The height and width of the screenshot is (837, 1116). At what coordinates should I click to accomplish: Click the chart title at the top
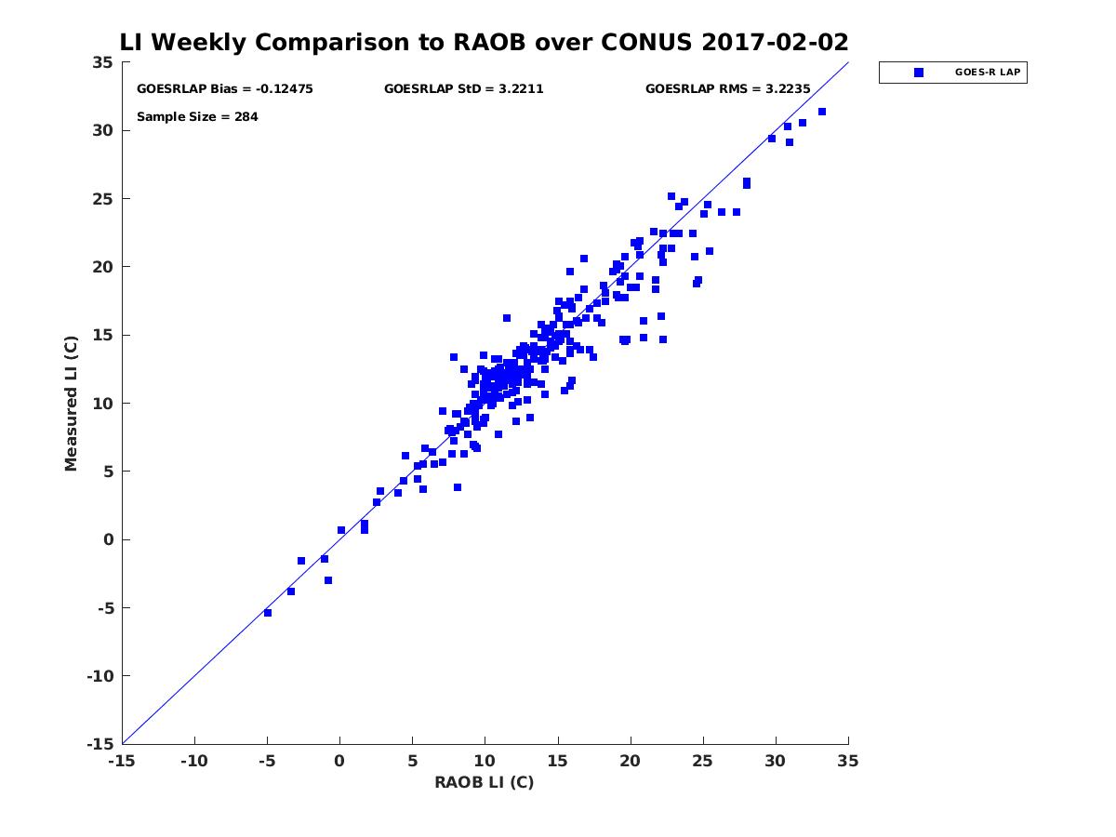(x=484, y=42)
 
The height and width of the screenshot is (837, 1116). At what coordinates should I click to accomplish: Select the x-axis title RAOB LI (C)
(x=484, y=782)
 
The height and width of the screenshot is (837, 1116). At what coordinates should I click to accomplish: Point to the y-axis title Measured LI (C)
(x=71, y=403)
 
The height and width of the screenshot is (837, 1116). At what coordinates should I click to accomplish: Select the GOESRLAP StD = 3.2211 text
(x=463, y=89)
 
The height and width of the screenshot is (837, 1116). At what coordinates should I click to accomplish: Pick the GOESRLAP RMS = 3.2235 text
(x=728, y=89)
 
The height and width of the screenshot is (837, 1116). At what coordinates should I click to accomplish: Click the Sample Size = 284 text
(x=197, y=117)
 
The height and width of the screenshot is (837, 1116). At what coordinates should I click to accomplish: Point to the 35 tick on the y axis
(x=103, y=62)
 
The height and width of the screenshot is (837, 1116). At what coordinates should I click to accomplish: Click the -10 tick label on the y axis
(x=98, y=676)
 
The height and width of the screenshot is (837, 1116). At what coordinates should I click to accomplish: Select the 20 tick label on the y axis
(x=103, y=267)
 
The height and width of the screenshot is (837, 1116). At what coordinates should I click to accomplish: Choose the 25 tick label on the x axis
(x=703, y=762)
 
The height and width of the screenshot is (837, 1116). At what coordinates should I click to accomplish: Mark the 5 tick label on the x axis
(x=412, y=762)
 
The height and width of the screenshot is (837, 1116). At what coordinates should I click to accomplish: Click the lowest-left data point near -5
(x=268, y=613)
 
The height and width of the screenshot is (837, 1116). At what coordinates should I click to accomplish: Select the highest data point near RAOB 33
(x=822, y=112)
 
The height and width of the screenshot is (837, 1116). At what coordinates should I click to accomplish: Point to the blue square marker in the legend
(x=919, y=73)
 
